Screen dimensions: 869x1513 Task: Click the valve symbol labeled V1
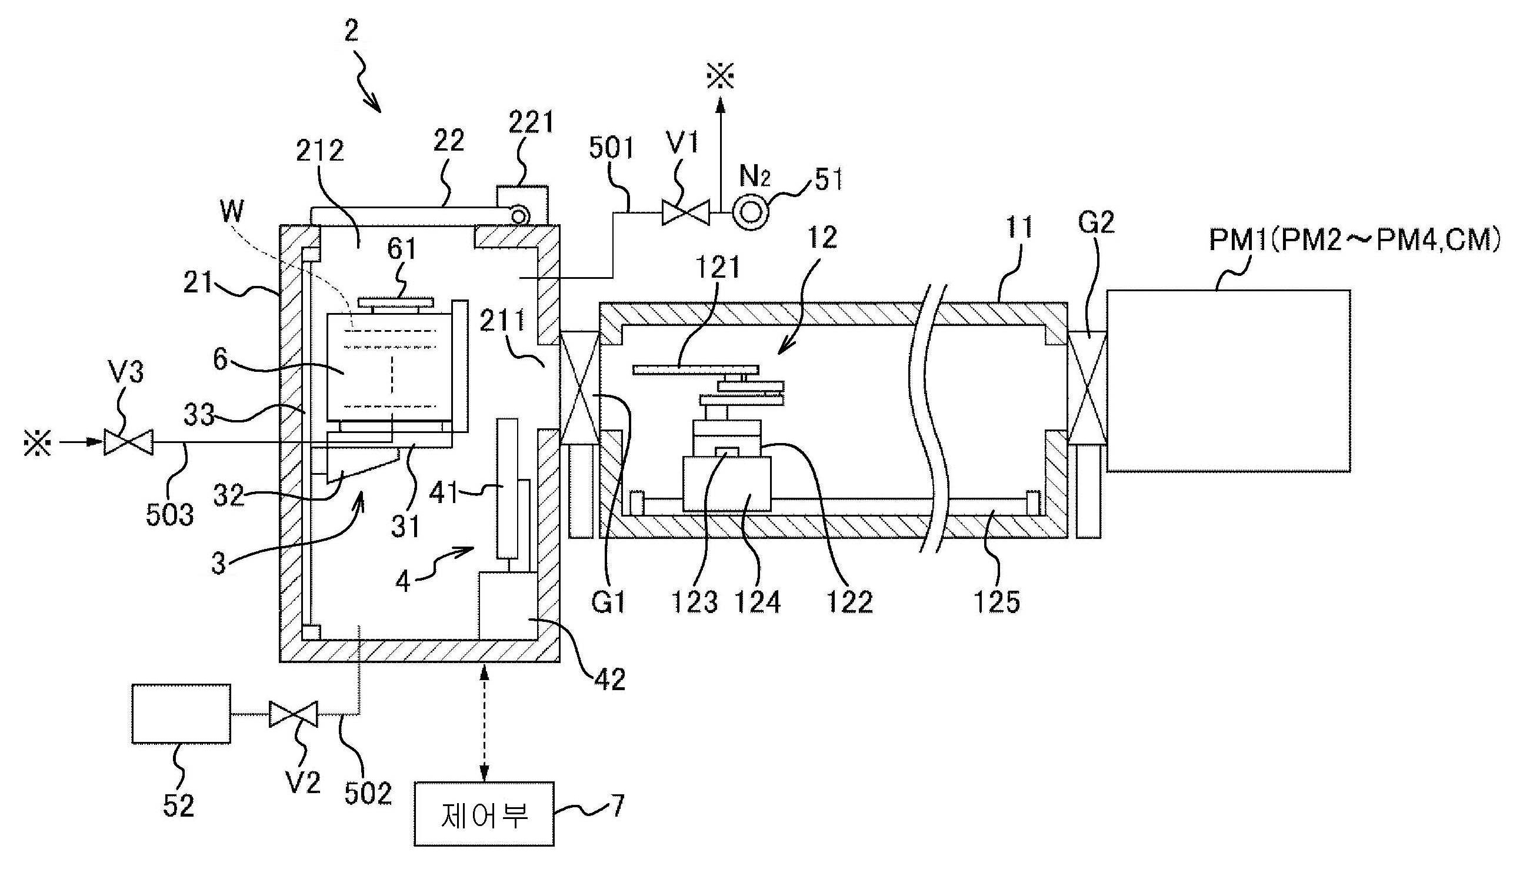point(685,213)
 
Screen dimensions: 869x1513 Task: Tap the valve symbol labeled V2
point(293,714)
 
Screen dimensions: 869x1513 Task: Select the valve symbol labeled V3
point(128,442)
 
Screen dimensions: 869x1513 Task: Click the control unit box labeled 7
point(484,814)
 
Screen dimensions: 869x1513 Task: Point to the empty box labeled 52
point(181,713)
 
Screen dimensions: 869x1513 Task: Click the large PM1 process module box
point(1228,381)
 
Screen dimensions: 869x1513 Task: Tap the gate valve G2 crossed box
point(1087,388)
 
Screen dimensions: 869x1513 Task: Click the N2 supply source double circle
point(751,212)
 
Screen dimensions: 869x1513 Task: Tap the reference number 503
point(170,514)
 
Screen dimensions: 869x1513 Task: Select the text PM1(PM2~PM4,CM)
point(1354,241)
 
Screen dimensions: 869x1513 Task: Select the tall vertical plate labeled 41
point(507,488)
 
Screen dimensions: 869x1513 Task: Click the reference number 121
point(718,267)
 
